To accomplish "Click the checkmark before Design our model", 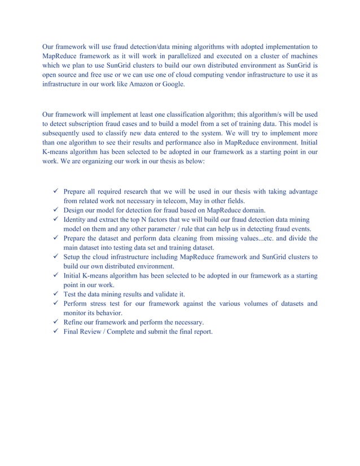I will point(55,210).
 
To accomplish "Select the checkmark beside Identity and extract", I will point(55,219).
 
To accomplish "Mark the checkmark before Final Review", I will point(55,332).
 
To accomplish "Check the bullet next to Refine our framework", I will point(55,322).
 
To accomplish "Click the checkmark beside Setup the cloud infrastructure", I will point(55,257).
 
